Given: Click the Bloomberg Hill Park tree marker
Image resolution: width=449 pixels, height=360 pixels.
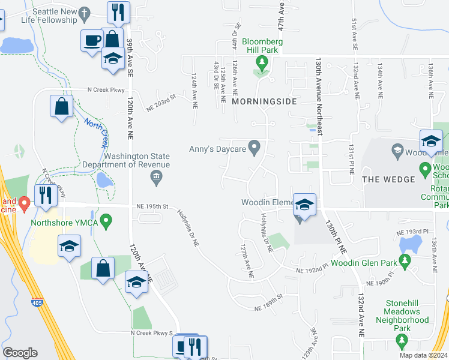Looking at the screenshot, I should tap(261, 62).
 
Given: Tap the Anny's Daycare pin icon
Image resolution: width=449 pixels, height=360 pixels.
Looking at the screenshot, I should tap(255, 147).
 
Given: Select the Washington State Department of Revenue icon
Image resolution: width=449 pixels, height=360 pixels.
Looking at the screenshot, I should tap(156, 176).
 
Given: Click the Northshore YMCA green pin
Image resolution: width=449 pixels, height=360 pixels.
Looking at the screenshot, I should tap(106, 222).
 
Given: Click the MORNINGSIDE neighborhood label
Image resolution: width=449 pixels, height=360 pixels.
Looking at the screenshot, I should tap(264, 102).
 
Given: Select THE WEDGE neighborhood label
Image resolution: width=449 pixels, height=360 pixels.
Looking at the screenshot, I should tap(388, 179).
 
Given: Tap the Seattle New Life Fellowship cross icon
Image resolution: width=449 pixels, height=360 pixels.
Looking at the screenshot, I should tap(85, 13).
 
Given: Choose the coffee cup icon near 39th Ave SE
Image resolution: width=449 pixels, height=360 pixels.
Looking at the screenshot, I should tap(92, 41).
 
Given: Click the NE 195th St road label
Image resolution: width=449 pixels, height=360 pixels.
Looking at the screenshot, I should tap(150, 206).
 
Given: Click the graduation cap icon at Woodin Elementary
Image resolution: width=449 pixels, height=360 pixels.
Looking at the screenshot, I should tap(304, 205).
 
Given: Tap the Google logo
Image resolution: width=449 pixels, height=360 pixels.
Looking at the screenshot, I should tap(20, 353).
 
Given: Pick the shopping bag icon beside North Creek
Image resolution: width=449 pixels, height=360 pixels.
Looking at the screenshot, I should tap(62, 107).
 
